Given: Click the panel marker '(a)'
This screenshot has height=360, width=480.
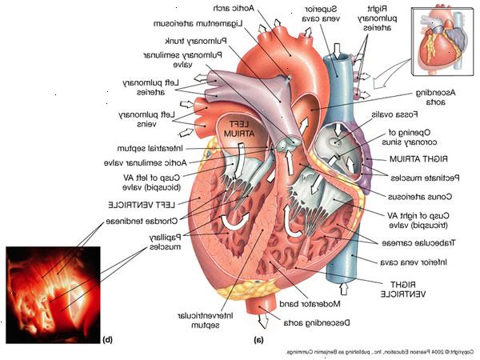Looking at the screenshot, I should tap(258, 338).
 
